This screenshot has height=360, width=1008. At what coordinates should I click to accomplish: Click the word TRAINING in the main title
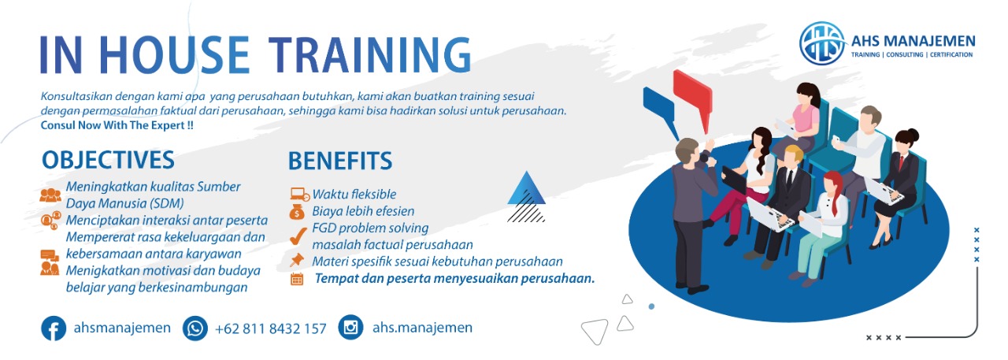(x=370, y=55)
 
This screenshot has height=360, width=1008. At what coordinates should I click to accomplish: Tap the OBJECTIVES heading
(x=108, y=160)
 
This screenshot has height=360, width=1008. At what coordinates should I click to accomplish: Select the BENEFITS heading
(x=340, y=161)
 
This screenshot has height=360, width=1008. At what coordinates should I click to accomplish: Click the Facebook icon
(x=54, y=328)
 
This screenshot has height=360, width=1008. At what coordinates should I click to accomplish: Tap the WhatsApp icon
(x=195, y=328)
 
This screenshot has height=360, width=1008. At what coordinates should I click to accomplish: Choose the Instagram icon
(x=350, y=327)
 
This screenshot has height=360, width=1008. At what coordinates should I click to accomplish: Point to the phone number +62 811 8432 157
(x=270, y=328)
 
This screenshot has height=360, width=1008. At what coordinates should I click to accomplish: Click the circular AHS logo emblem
(x=823, y=43)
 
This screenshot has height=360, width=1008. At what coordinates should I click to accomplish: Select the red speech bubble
(x=693, y=99)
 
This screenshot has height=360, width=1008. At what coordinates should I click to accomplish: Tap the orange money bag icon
(x=297, y=211)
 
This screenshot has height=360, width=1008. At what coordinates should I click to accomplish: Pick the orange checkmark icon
(x=298, y=236)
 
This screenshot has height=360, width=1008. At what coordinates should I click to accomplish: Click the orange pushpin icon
(x=297, y=260)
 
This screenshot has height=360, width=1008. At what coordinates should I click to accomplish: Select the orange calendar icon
(x=297, y=279)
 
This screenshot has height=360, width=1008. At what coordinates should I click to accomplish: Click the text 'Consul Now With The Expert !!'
(x=117, y=125)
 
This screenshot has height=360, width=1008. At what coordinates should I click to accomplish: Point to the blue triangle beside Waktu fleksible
(x=526, y=189)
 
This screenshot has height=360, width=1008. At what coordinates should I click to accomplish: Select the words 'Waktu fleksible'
(x=354, y=194)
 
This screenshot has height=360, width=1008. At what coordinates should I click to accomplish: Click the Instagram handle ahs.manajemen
(x=422, y=327)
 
